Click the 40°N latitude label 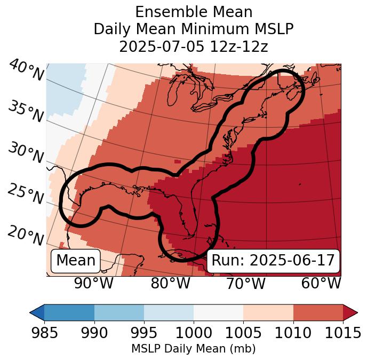pos(26,71)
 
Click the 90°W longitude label pos(93,283)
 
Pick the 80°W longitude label pos(170,283)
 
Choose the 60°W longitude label pos(321,283)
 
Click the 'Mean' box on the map pos(76,261)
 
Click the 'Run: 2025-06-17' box pos(273,261)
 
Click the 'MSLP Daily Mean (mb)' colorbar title pos(193,349)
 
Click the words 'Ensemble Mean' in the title pos(194,12)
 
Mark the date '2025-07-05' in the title pos(161,46)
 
